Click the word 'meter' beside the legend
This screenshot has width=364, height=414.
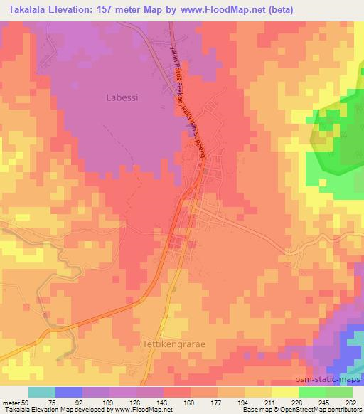click(x=9, y=402)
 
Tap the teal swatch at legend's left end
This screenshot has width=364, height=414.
click(x=42, y=392)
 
